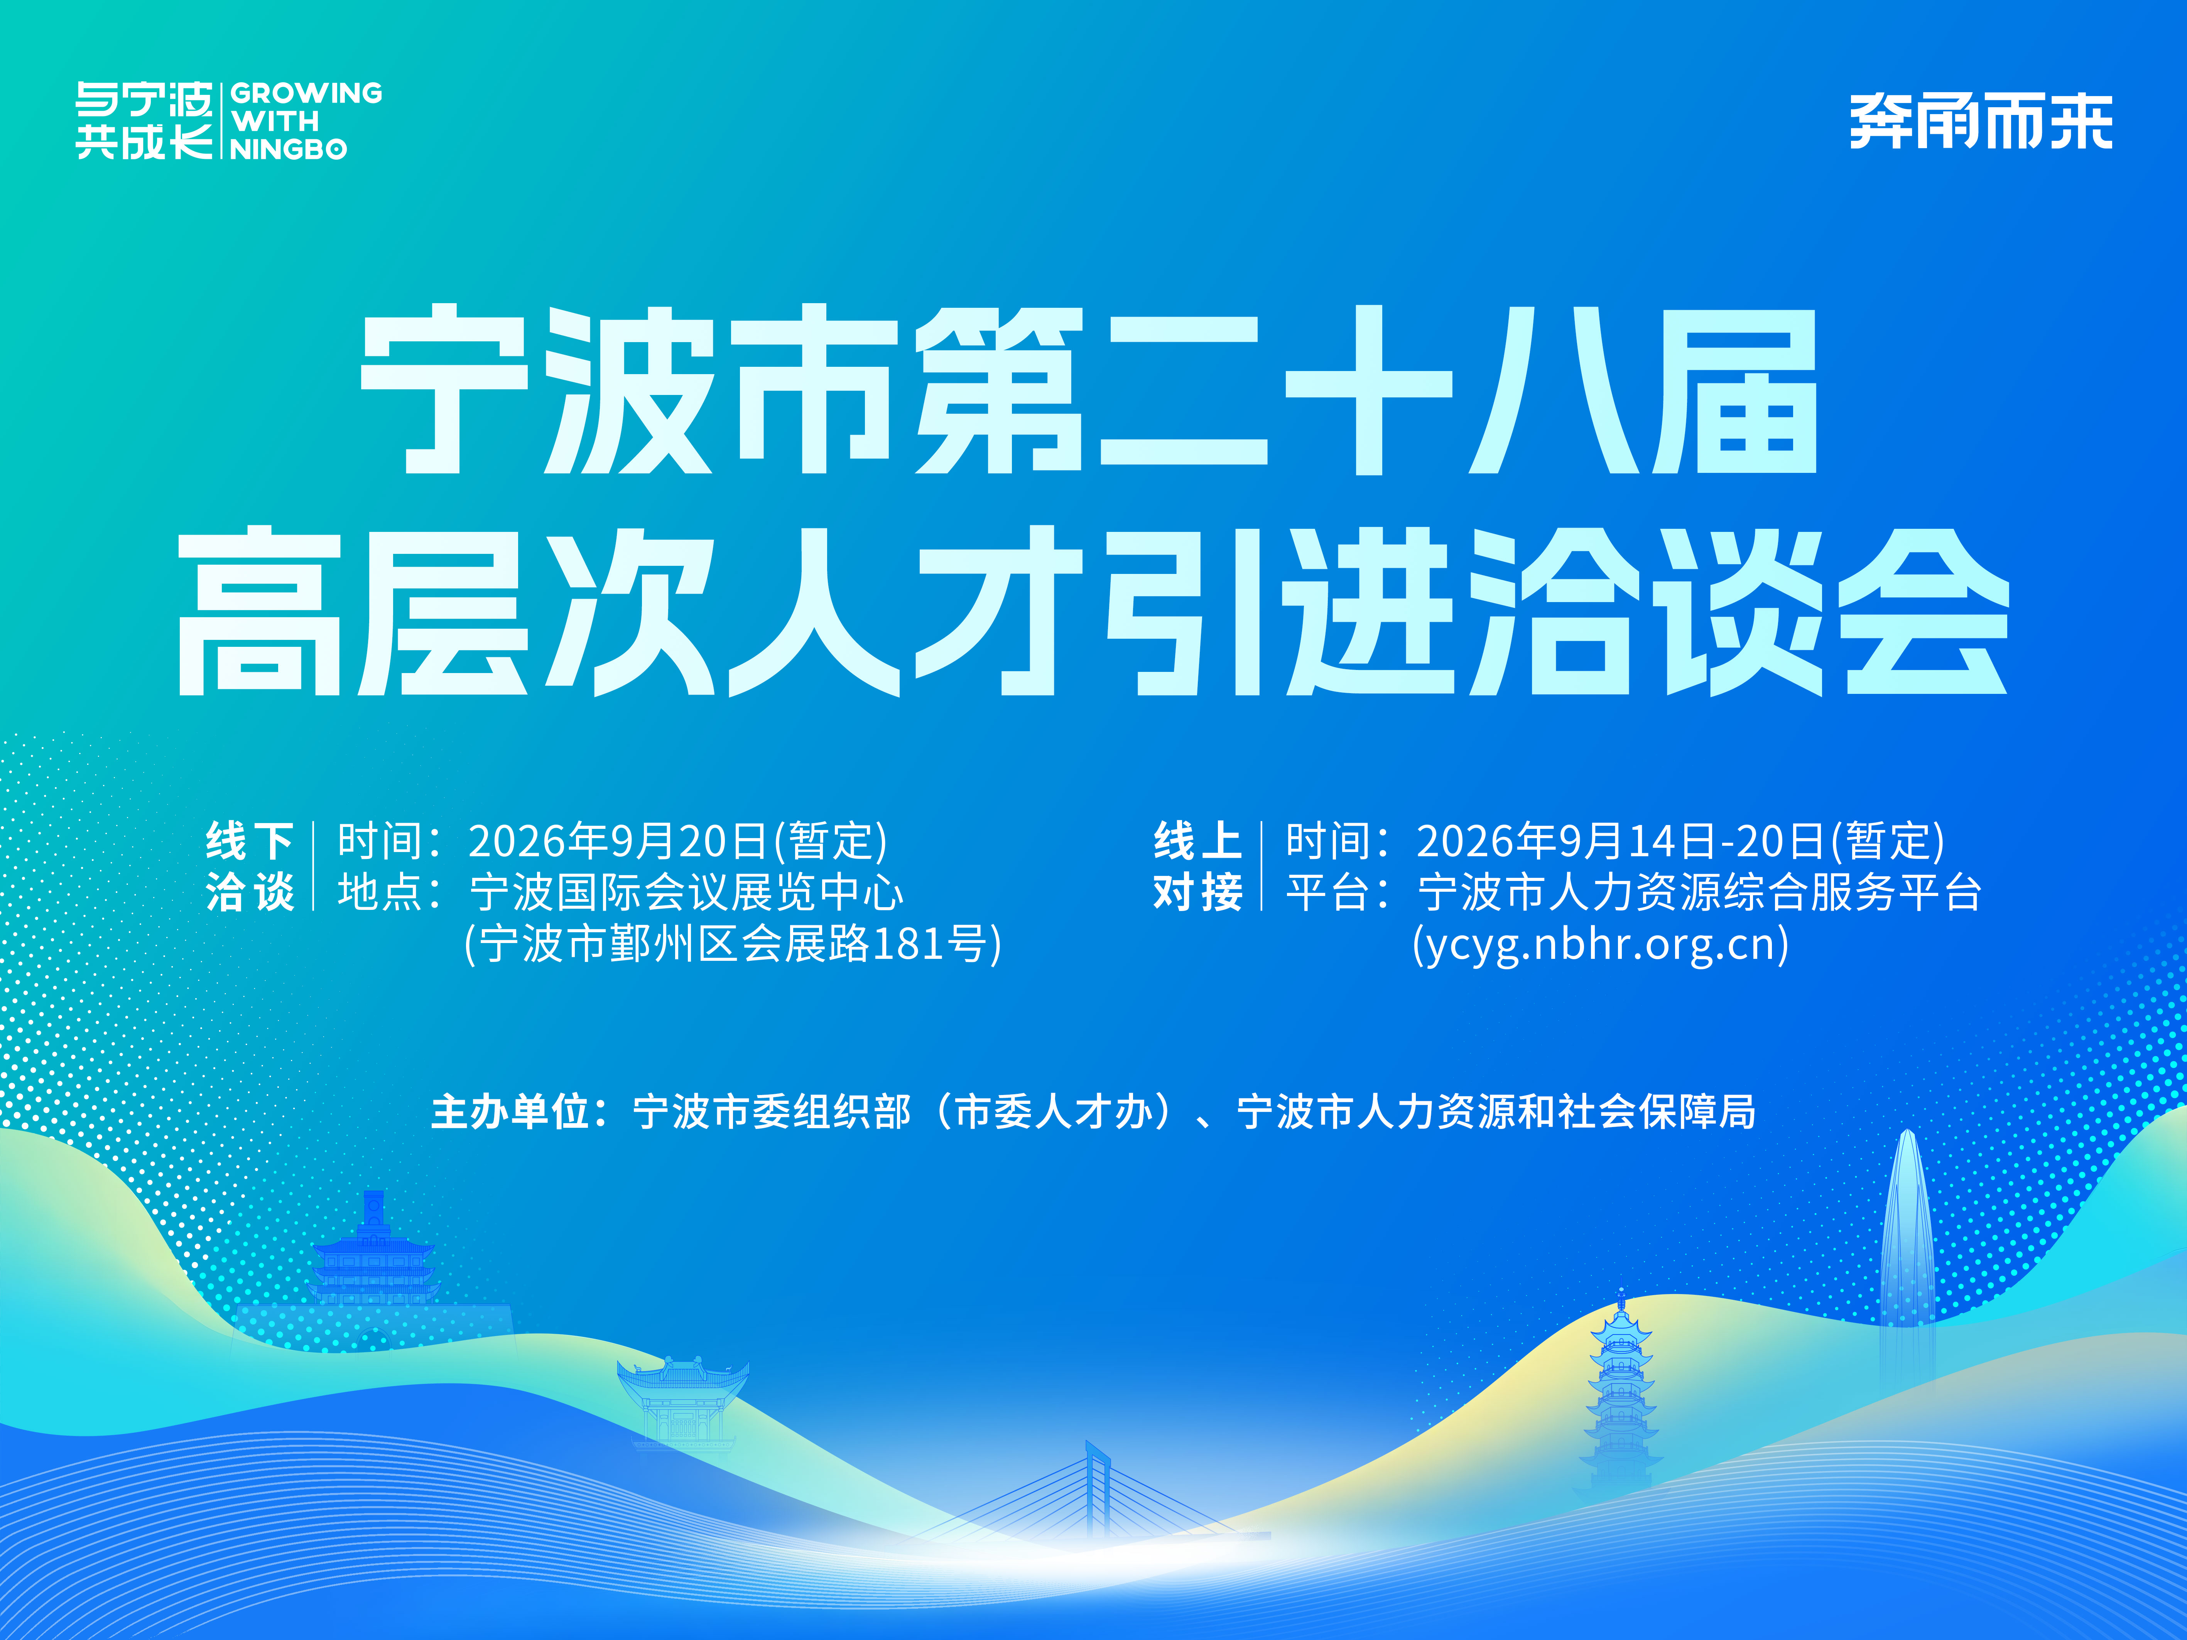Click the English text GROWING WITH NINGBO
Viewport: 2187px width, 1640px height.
(x=306, y=121)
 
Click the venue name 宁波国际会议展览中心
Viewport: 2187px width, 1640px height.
(x=686, y=893)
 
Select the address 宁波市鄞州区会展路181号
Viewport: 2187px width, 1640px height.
(x=733, y=944)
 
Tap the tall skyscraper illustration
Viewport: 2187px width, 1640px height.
(x=1906, y=1255)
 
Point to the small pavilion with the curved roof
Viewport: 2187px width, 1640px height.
(x=682, y=1404)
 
